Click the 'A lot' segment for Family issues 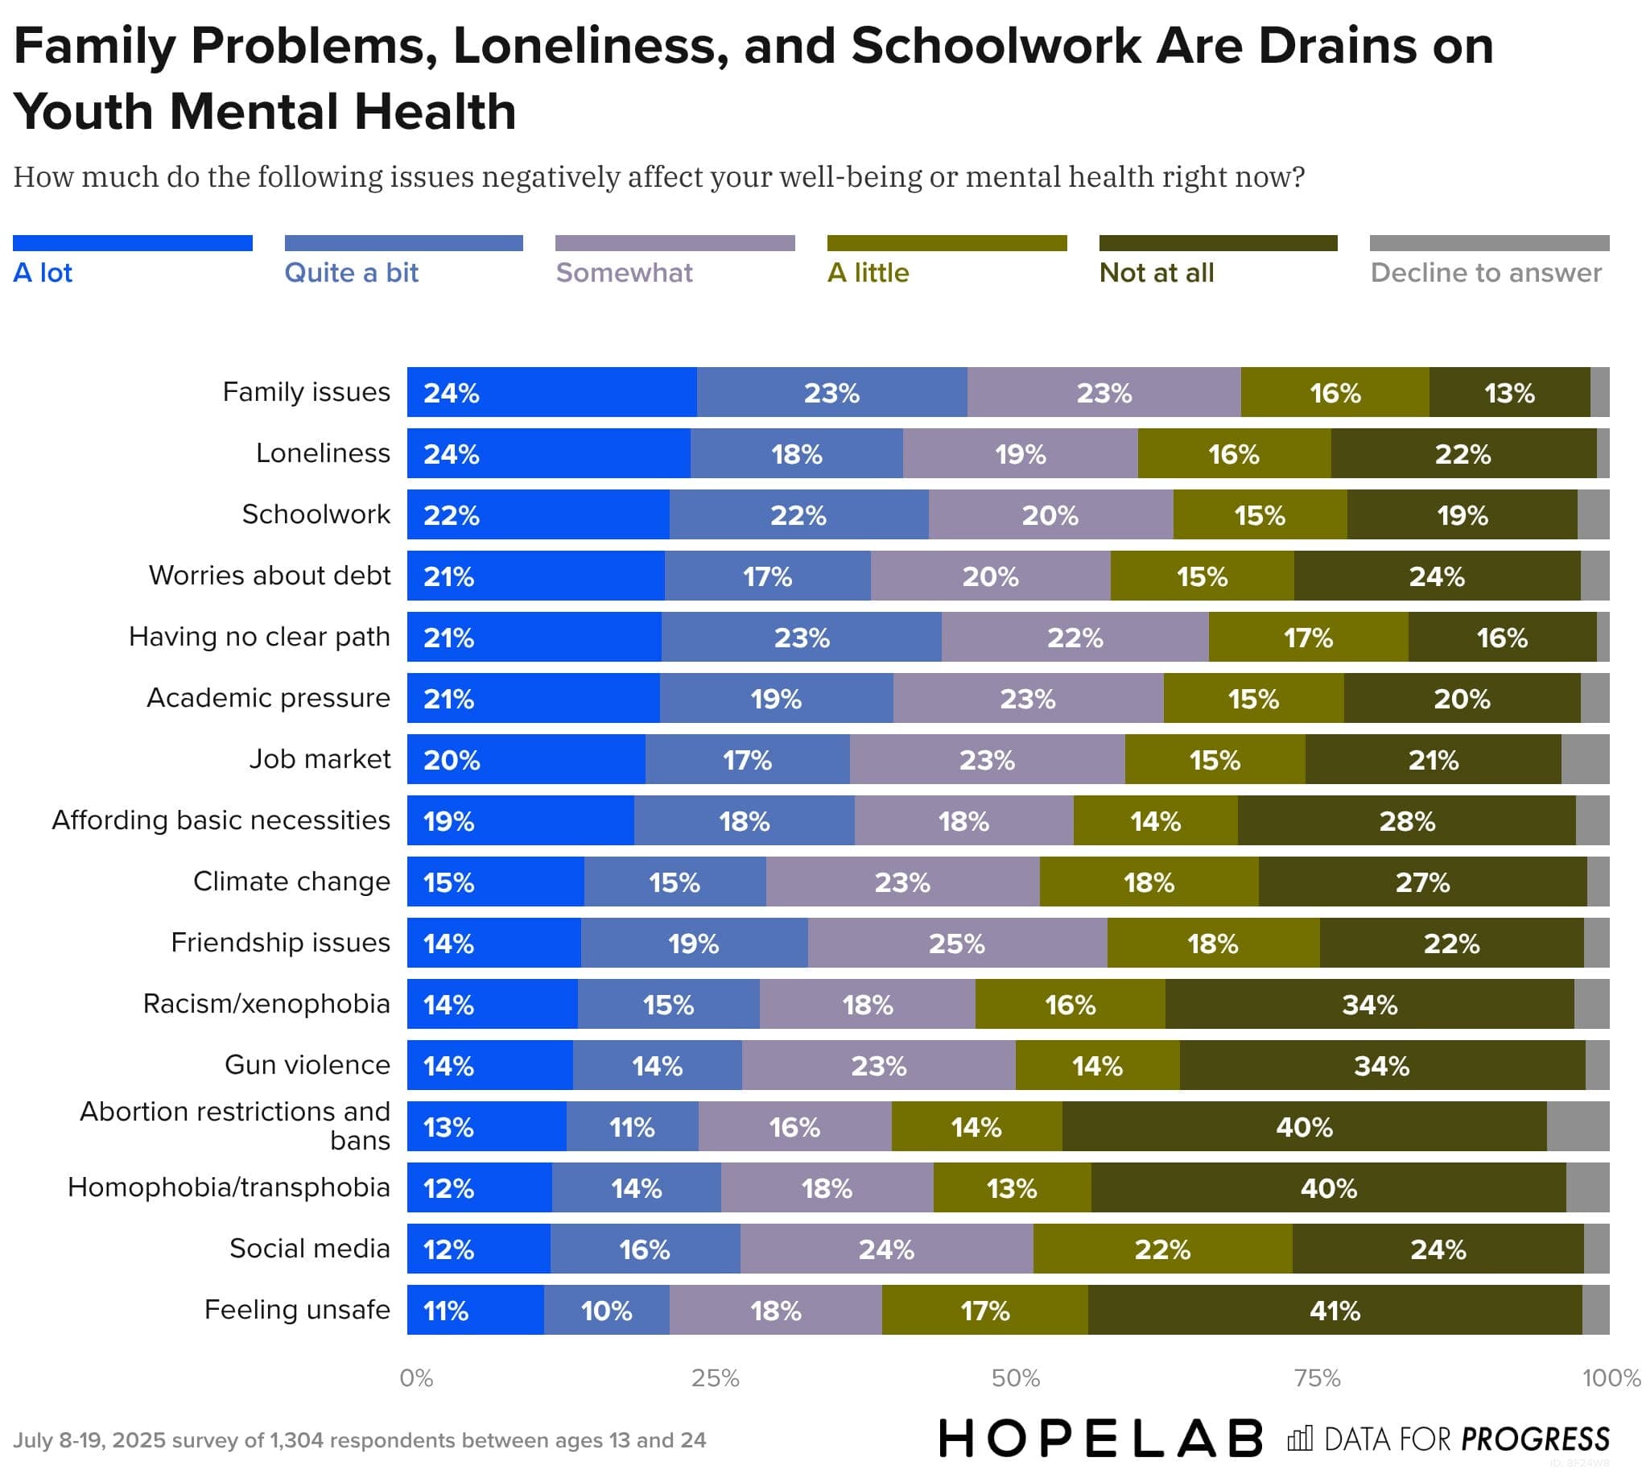tap(551, 393)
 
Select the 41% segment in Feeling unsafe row tap(1334, 1310)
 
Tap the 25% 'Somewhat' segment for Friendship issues tap(956, 944)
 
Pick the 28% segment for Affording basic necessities tap(1405, 820)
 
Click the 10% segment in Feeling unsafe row tap(606, 1310)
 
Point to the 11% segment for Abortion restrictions tap(632, 1127)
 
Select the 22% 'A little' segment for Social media tap(1161, 1249)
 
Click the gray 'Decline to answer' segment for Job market tap(1584, 759)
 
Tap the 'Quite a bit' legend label tap(351, 273)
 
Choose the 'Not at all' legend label tap(1156, 273)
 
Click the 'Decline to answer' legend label tap(1485, 273)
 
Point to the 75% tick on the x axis tap(1317, 1378)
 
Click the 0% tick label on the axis tap(416, 1378)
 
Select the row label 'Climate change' tap(291, 882)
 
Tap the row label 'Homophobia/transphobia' tap(229, 1187)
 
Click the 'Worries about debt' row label tap(270, 575)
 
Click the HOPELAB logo tap(1100, 1439)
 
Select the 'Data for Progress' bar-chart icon tap(1300, 1439)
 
